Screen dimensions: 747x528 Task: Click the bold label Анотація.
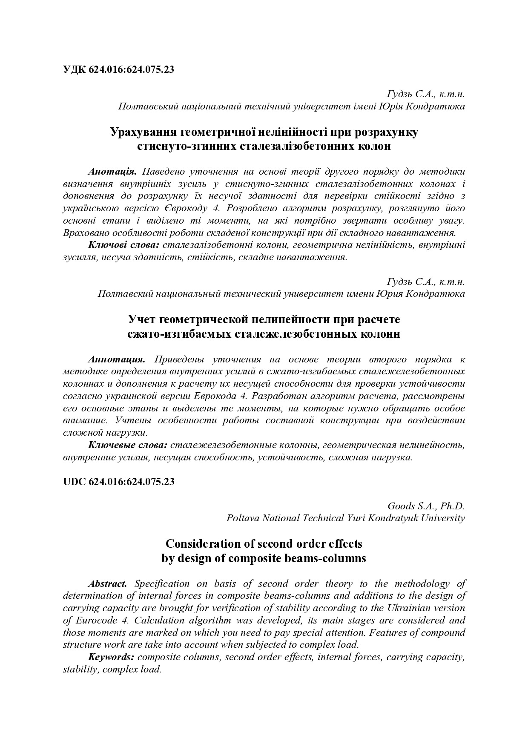coord(112,172)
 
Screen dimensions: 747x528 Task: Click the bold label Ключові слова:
coord(123,245)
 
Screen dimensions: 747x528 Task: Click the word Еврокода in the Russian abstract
coord(215,396)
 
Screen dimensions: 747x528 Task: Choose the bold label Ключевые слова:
coord(128,445)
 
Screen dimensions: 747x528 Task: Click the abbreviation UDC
coord(75,482)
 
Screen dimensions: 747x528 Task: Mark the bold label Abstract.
coord(108,583)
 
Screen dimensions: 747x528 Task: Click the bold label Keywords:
coord(112,657)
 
